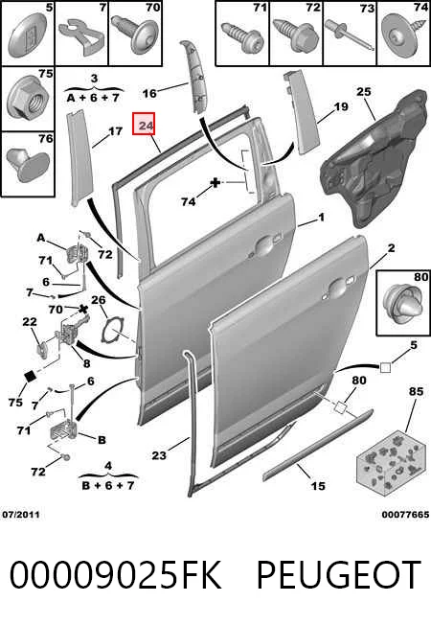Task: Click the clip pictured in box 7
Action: (82, 38)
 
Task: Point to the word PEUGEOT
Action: (339, 574)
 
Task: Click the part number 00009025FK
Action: (115, 574)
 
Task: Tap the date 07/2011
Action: (21, 514)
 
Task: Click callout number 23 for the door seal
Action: (159, 454)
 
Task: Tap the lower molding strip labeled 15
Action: (317, 443)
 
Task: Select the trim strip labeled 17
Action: (78, 158)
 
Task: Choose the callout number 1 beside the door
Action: (321, 218)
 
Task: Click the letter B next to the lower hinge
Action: (102, 440)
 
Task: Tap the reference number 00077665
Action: (405, 514)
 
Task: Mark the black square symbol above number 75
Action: (31, 377)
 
